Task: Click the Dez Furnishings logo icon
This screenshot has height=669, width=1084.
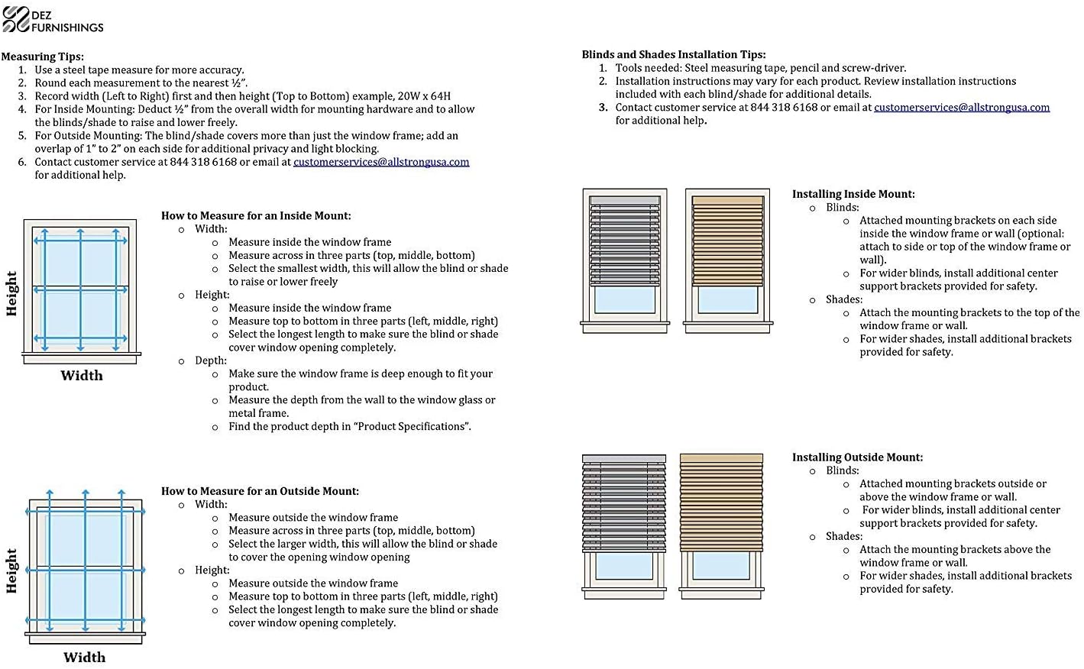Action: [15, 19]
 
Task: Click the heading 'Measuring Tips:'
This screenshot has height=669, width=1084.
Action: [43, 57]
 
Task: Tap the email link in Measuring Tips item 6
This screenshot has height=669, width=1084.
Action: [381, 162]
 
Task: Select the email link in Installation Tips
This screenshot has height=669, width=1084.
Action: [961, 108]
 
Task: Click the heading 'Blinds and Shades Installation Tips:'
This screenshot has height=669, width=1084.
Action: [673, 54]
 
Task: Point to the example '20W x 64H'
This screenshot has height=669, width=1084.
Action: [424, 96]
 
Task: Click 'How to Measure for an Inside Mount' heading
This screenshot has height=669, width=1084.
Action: [256, 216]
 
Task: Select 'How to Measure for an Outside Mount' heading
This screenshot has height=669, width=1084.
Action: [260, 491]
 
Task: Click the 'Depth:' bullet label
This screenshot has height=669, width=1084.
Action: [211, 360]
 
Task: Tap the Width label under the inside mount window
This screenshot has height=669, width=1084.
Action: [82, 376]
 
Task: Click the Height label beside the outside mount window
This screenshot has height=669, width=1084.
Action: [11, 570]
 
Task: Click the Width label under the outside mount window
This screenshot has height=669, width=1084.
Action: [84, 658]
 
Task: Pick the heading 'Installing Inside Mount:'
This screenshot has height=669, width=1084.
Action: [853, 194]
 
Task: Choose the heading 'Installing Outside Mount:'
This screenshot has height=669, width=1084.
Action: [857, 457]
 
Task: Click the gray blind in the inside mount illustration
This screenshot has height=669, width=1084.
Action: [625, 241]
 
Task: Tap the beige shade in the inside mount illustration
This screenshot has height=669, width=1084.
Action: [727, 241]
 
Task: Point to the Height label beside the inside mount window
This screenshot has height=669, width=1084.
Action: [11, 293]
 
